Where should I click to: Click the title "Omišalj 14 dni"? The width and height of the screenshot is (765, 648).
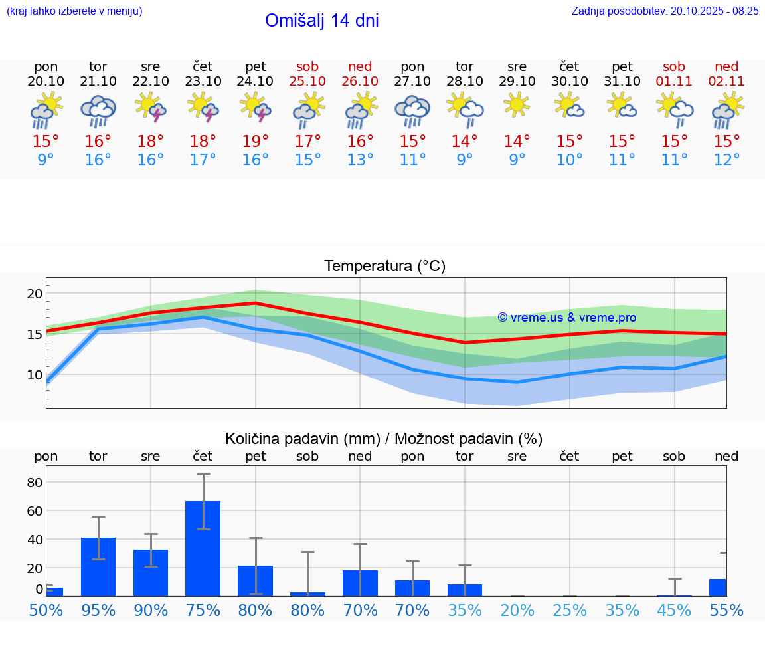point(321,21)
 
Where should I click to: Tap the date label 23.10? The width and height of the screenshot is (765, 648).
point(203,81)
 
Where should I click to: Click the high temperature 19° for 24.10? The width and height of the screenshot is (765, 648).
point(256,141)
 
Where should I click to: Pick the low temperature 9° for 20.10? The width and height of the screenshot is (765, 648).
point(46,160)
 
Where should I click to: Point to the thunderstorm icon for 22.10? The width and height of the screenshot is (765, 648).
point(151,107)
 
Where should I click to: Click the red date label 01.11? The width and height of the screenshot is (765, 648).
point(674,81)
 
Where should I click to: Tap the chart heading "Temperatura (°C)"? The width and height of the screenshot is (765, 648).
point(384,267)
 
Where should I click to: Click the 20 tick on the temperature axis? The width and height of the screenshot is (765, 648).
point(35,294)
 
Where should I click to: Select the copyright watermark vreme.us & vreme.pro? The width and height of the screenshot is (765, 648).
point(566,318)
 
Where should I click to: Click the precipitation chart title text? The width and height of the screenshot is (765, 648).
point(384,439)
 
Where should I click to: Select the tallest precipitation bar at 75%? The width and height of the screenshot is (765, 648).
point(203,548)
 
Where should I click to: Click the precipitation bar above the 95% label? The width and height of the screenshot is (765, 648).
point(98,566)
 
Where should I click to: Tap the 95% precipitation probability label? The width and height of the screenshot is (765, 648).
point(98,610)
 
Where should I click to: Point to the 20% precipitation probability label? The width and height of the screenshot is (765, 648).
point(517,610)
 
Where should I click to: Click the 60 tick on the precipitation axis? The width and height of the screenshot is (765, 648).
point(35,511)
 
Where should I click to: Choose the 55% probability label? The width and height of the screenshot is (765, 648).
point(726,610)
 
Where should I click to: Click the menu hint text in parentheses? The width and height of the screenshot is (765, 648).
point(74,11)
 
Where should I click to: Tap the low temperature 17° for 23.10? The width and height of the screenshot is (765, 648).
point(203,160)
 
